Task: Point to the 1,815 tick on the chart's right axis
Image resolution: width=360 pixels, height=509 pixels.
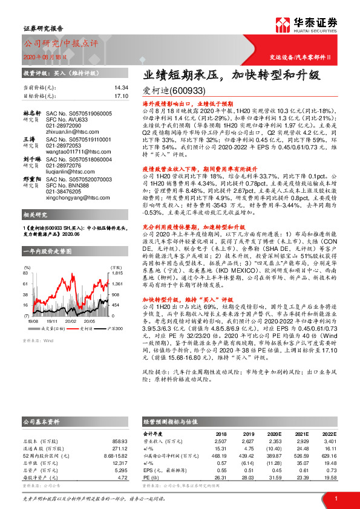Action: (x=117, y=273)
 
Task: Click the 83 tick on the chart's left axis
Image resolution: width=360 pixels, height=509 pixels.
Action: (x=26, y=273)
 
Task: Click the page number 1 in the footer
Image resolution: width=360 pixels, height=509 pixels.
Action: (x=335, y=498)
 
